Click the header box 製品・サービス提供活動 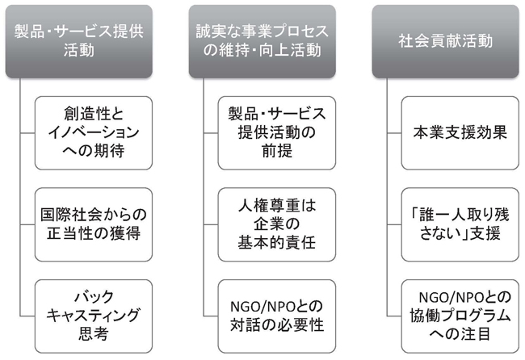click(x=79, y=41)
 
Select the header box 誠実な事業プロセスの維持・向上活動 click(x=262, y=41)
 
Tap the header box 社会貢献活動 click(x=446, y=41)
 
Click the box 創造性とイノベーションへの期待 click(x=94, y=133)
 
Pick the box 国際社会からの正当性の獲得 click(x=94, y=224)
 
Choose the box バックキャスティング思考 click(x=94, y=316)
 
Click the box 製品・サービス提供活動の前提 click(x=277, y=133)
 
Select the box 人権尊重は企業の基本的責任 click(x=277, y=224)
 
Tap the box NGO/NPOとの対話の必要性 click(x=277, y=316)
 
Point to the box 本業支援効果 click(x=460, y=133)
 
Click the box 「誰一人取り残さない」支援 click(x=460, y=224)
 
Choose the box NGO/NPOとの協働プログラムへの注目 click(x=460, y=316)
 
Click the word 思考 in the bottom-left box click(x=94, y=333)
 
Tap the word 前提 click(x=277, y=151)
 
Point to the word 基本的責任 click(x=277, y=242)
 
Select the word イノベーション click(x=94, y=132)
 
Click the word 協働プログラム click(x=460, y=316)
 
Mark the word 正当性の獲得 click(x=94, y=233)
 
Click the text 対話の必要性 click(x=277, y=324)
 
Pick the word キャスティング click(x=94, y=316)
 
